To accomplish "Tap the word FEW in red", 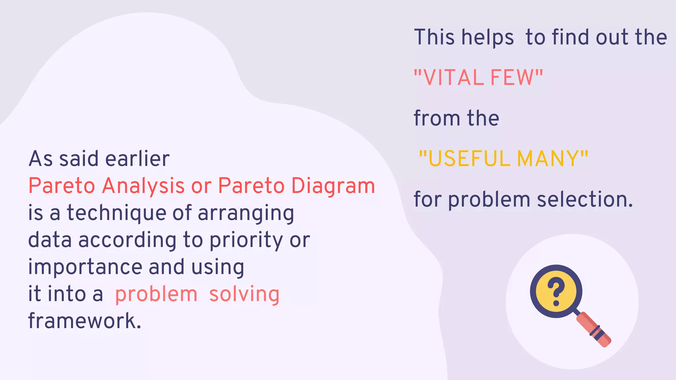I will tap(512, 78).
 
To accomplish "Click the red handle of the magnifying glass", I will tap(594, 330).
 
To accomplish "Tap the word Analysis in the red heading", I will tap(143, 186).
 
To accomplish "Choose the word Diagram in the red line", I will tap(333, 186).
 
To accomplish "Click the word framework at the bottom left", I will tap(84, 321).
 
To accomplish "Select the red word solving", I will tap(244, 294).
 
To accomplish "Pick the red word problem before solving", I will tap(156, 294).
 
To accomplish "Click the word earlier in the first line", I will tap(137, 159).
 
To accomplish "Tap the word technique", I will tap(117, 213).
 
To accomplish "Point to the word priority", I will tap(246, 240).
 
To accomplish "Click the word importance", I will tap(85, 267).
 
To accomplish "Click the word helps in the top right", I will tap(488, 37).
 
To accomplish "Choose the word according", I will tap(127, 240).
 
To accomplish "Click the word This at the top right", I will tap(434, 37).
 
